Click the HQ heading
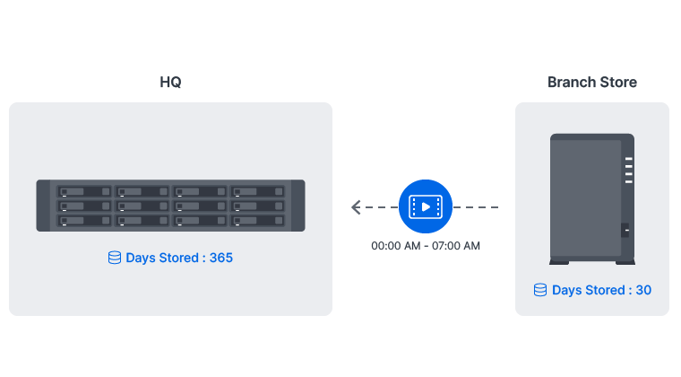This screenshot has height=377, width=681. [170, 83]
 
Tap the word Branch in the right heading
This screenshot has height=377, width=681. [570, 83]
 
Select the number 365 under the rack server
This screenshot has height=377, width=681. [220, 258]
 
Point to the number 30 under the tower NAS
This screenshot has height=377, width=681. [642, 290]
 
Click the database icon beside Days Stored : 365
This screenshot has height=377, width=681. [114, 258]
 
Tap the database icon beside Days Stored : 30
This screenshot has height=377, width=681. [540, 290]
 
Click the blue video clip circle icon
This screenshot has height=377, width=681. [426, 207]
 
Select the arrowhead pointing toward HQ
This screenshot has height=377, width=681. [356, 207]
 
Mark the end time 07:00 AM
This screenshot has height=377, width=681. [457, 246]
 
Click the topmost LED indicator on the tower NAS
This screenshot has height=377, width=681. [628, 161]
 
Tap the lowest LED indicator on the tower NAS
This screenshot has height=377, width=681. [628, 182]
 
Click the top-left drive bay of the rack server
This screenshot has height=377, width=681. [84, 192]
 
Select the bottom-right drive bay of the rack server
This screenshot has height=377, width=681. [258, 220]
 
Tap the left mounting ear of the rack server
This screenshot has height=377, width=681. [41, 206]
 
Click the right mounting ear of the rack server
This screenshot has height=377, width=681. [299, 206]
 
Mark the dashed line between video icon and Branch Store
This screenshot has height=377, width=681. [477, 207]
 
